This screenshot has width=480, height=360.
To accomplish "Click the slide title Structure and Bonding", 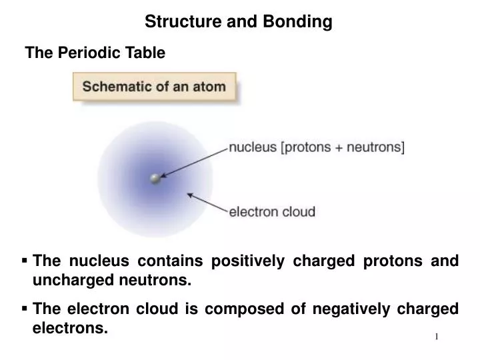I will (239, 22).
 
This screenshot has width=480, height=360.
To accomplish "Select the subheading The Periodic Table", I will (95, 53).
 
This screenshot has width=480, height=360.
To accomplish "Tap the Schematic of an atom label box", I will (154, 87).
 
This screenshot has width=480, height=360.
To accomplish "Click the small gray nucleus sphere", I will (155, 179).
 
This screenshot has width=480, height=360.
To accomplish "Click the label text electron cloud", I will (272, 213).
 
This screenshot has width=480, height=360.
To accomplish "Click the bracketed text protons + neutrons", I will (343, 148).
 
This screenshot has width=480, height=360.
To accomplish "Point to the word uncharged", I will (73, 281).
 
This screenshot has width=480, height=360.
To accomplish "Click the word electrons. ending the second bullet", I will (70, 328).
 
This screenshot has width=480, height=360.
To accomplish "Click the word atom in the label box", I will (210, 87).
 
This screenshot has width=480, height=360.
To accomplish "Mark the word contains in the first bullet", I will (165, 261).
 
